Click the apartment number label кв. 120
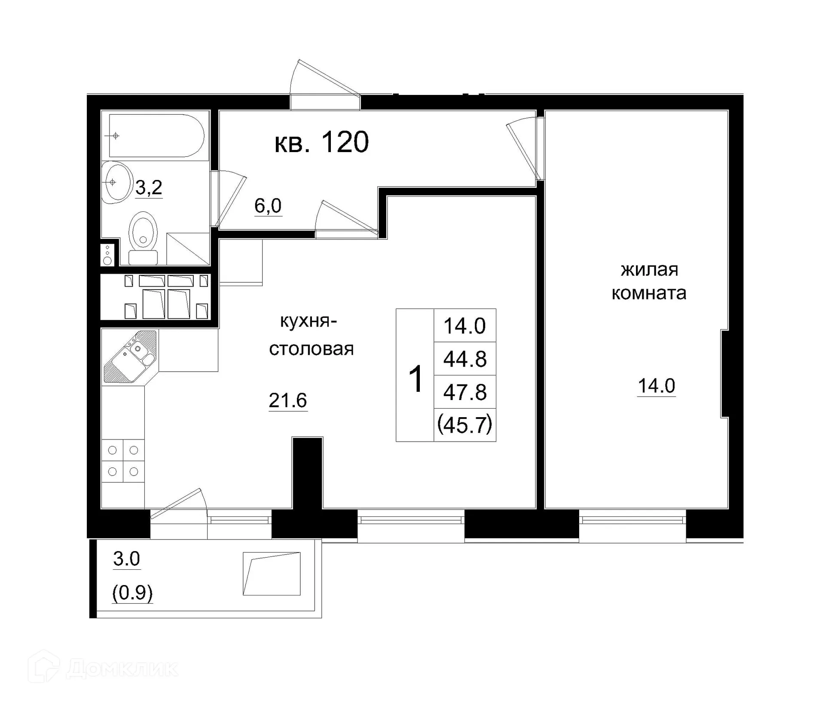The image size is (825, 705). tap(321, 142)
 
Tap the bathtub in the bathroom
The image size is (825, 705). tap(156, 135)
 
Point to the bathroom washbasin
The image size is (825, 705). tap(116, 183)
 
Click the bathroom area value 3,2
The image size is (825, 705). tap(149, 188)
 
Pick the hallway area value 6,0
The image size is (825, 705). tap(268, 206)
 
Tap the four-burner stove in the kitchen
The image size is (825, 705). tap(123, 461)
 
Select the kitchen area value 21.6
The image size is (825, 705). tap(287, 400)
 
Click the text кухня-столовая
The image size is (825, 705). tap(311, 335)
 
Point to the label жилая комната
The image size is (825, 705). tap(649, 281)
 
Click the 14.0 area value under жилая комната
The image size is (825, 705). tap(656, 386)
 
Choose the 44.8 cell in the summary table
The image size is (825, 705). tap(465, 359)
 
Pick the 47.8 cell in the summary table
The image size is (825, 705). tap(465, 392)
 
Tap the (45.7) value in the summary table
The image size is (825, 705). tap(465, 425)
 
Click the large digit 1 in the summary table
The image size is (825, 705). tap(416, 379)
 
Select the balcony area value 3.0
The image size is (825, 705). tap(126, 559)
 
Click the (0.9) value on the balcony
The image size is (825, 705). tap(132, 593)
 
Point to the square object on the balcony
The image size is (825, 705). tap(272, 574)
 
